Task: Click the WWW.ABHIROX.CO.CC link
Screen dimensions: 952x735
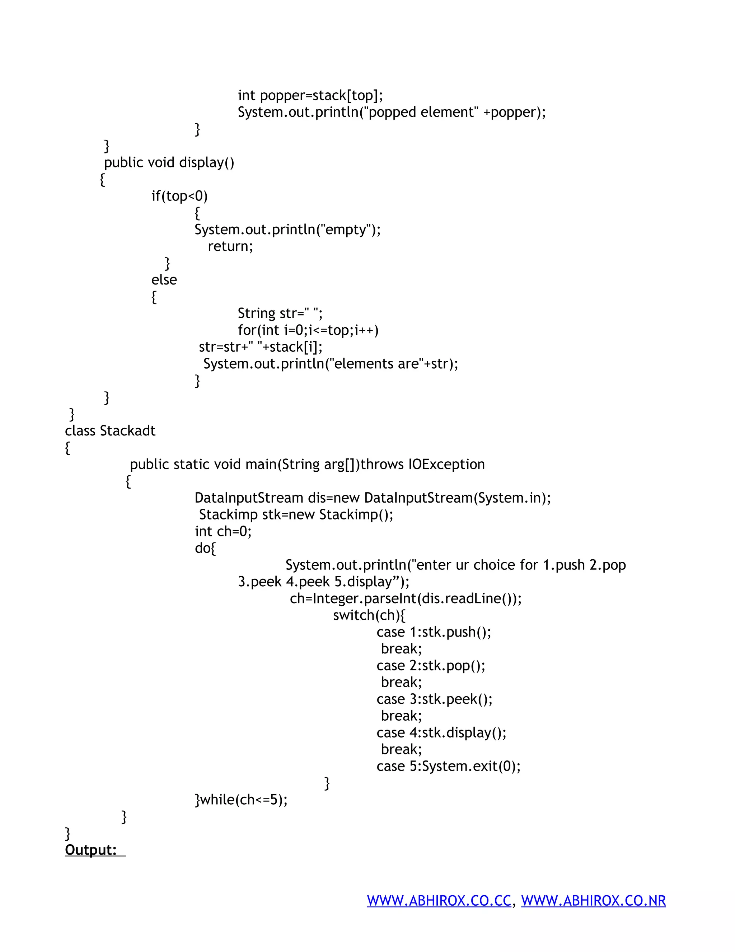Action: (x=439, y=901)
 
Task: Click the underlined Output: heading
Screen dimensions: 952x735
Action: (x=91, y=850)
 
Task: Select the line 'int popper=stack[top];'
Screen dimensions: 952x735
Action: (x=310, y=95)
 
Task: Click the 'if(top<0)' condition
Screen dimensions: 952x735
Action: (x=179, y=196)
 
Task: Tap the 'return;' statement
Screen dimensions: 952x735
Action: (x=230, y=246)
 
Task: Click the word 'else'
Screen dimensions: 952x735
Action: (x=164, y=280)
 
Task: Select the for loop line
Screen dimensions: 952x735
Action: (x=308, y=330)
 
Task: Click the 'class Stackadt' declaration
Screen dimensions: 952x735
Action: (x=110, y=431)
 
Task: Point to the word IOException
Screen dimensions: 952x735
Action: (x=446, y=464)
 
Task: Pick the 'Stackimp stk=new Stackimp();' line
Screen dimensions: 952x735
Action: (x=296, y=515)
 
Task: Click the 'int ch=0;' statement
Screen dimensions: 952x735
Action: (x=223, y=531)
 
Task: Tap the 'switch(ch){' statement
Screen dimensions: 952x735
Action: (x=369, y=615)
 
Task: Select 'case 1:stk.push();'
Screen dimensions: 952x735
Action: (x=433, y=632)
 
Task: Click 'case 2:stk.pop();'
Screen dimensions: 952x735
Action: (x=430, y=666)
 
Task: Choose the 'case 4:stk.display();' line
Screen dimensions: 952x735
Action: (x=441, y=733)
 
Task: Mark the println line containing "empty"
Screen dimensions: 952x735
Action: (x=287, y=229)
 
